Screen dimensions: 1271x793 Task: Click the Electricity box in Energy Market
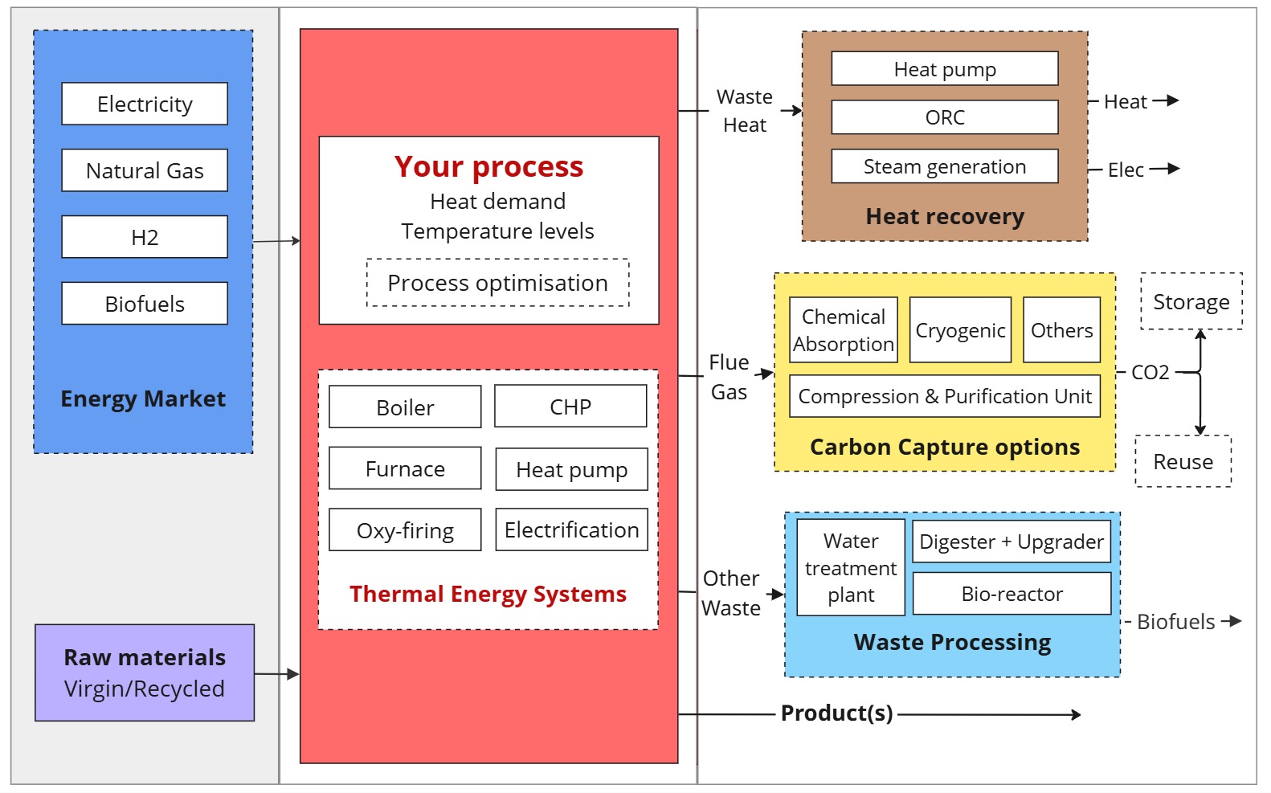pos(145,104)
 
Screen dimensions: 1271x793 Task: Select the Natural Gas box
pos(145,170)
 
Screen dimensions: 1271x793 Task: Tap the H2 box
pos(145,237)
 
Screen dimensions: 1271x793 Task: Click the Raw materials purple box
pos(145,672)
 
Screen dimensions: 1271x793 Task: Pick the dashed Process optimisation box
pos(497,283)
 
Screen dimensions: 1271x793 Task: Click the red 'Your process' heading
pos(488,167)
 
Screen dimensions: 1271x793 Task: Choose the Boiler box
pos(405,407)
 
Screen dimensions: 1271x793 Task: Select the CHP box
pos(570,407)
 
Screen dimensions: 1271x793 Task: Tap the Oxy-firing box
pos(405,529)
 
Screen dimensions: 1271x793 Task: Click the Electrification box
pos(571,529)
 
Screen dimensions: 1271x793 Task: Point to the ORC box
pos(945,117)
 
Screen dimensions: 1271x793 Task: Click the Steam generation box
pos(945,166)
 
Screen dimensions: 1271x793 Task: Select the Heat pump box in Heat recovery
pos(945,68)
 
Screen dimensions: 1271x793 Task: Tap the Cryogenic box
pos(961,330)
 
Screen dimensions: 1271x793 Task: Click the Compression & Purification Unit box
pos(945,396)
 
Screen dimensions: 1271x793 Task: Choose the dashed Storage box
pos(1191,302)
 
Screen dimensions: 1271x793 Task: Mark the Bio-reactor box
pos(1011,593)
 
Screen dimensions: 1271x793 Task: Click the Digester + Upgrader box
pos(1011,542)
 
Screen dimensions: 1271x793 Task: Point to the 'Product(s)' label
pos(837,713)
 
